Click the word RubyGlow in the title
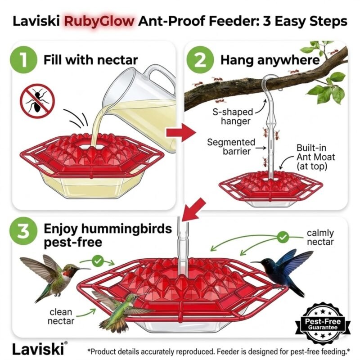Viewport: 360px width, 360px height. pos(99,22)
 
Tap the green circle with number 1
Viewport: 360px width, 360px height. pos(23,60)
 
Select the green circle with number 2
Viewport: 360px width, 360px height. pos(200,60)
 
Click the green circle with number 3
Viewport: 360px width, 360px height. pos(23,231)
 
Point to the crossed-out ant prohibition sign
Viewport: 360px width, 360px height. pos(37,101)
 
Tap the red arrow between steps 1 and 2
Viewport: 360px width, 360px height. pos(181,132)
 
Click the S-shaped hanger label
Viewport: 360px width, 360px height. pos(233,117)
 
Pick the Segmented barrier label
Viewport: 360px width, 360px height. pos(231,147)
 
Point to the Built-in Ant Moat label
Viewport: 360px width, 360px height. pos(316,157)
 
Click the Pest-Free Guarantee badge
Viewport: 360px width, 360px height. pos(323,324)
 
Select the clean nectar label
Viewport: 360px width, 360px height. pos(61,316)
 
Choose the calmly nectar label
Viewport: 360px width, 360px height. pos(320,238)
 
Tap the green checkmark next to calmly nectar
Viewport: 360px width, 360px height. pos(283,237)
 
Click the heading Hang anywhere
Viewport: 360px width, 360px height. pos(270,60)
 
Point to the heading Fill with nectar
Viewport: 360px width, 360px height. pos(90,60)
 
